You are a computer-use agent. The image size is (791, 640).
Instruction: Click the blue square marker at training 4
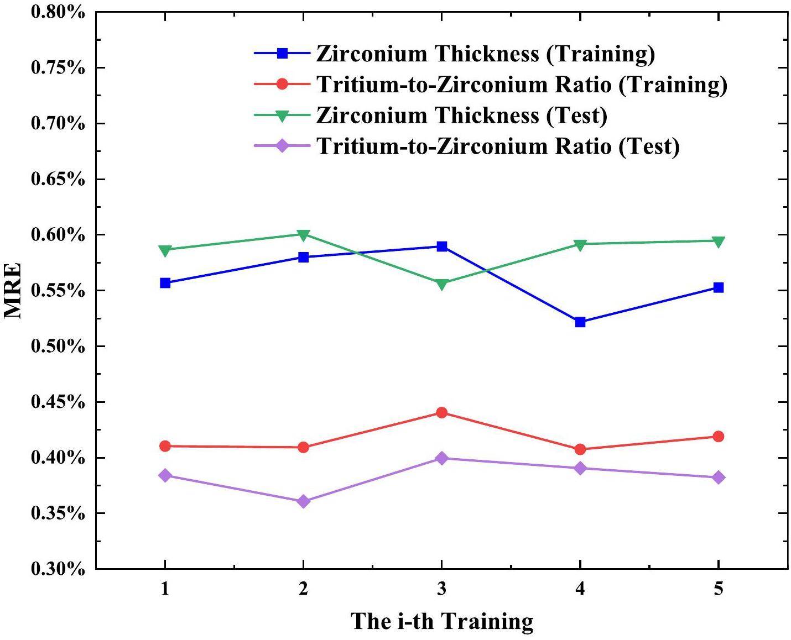pyautogui.click(x=580, y=322)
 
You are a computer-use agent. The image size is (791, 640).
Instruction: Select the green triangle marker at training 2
pyautogui.click(x=303, y=235)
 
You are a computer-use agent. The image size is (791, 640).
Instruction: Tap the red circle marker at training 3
pyautogui.click(x=441, y=412)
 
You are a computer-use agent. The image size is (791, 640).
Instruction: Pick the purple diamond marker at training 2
pyautogui.click(x=303, y=501)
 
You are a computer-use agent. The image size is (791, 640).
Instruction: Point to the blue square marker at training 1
pyautogui.click(x=165, y=283)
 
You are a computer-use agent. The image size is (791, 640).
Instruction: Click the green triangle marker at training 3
pyautogui.click(x=441, y=285)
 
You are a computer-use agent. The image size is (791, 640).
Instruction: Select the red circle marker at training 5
pyautogui.click(x=718, y=437)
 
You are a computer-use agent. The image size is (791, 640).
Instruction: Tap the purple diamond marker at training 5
pyautogui.click(x=718, y=478)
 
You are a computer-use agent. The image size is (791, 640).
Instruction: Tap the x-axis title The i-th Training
pyautogui.click(x=442, y=621)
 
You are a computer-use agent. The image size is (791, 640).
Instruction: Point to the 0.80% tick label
pyautogui.click(x=58, y=12)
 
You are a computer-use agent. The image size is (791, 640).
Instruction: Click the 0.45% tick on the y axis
pyautogui.click(x=58, y=402)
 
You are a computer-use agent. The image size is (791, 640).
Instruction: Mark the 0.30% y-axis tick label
pyautogui.click(x=58, y=569)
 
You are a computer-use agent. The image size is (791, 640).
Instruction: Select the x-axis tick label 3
pyautogui.click(x=441, y=590)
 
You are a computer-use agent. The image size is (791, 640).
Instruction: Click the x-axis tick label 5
pyautogui.click(x=718, y=590)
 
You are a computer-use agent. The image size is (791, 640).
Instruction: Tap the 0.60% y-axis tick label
pyautogui.click(x=58, y=235)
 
